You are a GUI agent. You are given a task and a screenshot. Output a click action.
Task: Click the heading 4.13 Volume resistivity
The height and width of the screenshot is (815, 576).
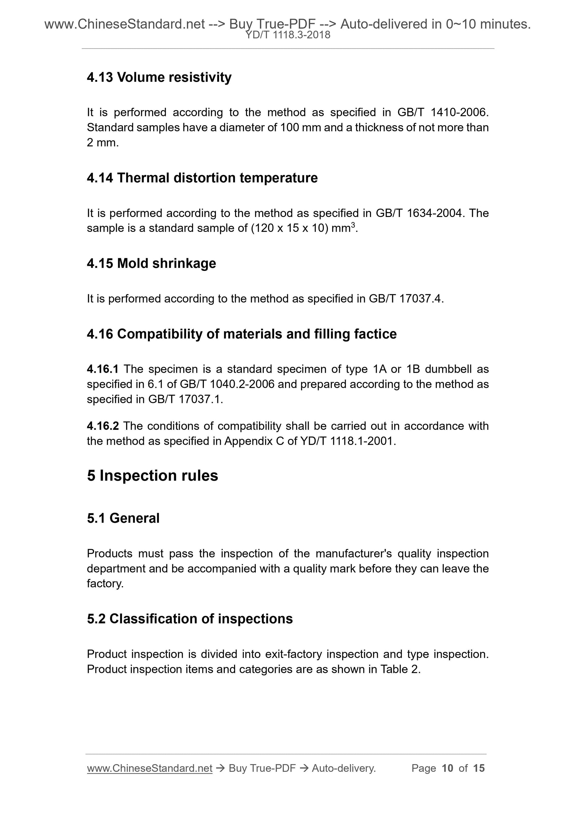click(x=159, y=77)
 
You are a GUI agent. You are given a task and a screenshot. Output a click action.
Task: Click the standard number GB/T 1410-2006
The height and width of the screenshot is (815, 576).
click(x=443, y=112)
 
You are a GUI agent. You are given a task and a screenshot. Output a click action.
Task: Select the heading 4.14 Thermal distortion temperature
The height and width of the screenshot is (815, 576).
click(x=202, y=178)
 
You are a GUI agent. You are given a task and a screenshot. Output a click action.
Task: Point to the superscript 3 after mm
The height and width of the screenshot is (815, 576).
click(x=353, y=225)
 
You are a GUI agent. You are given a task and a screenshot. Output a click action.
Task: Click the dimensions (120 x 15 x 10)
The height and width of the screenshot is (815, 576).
click(x=289, y=228)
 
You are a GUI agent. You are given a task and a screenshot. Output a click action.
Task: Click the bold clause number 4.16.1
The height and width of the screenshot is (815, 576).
click(x=103, y=369)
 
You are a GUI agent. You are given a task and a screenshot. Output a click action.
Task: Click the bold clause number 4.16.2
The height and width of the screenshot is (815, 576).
click(x=103, y=426)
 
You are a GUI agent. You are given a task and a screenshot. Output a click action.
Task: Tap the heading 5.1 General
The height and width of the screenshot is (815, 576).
click(x=123, y=518)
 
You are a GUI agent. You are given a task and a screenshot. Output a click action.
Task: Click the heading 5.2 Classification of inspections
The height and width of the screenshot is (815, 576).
click(x=189, y=619)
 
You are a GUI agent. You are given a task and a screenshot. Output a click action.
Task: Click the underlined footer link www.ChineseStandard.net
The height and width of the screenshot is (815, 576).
click(x=149, y=768)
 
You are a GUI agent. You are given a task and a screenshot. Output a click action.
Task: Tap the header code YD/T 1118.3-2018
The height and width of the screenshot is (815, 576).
click(x=288, y=35)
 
